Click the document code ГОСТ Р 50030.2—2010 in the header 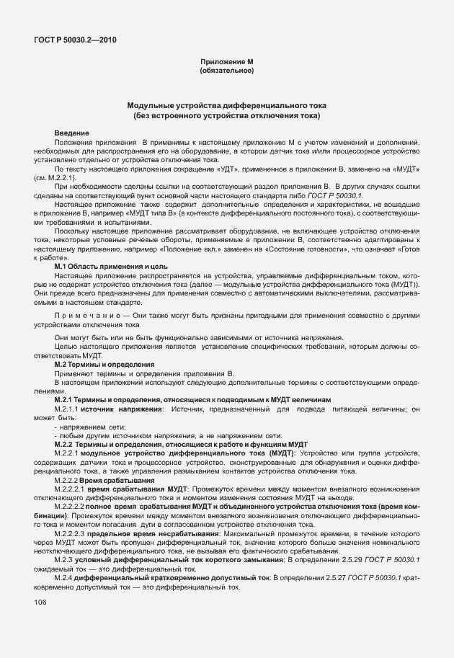(x=74, y=40)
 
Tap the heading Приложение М (x=227, y=63)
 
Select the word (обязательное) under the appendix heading (x=227, y=71)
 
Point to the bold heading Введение (x=72, y=133)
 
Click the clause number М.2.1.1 (x=66, y=409)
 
